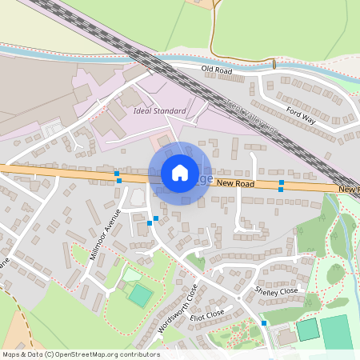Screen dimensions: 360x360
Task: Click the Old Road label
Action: click(217, 71)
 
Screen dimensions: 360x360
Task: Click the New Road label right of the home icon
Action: click(235, 183)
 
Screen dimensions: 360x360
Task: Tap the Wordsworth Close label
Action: click(178, 312)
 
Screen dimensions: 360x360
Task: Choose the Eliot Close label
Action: click(208, 317)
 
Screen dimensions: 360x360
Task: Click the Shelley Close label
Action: click(276, 290)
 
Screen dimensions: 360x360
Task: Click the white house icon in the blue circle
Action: click(180, 172)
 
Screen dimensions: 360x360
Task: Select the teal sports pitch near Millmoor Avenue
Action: click(140, 295)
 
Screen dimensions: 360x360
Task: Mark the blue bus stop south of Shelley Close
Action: click(264, 323)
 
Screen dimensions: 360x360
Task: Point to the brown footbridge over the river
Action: click(274, 63)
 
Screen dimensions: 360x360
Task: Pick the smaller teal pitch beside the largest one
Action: click(307, 329)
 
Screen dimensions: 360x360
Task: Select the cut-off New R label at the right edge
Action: click(348, 189)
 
